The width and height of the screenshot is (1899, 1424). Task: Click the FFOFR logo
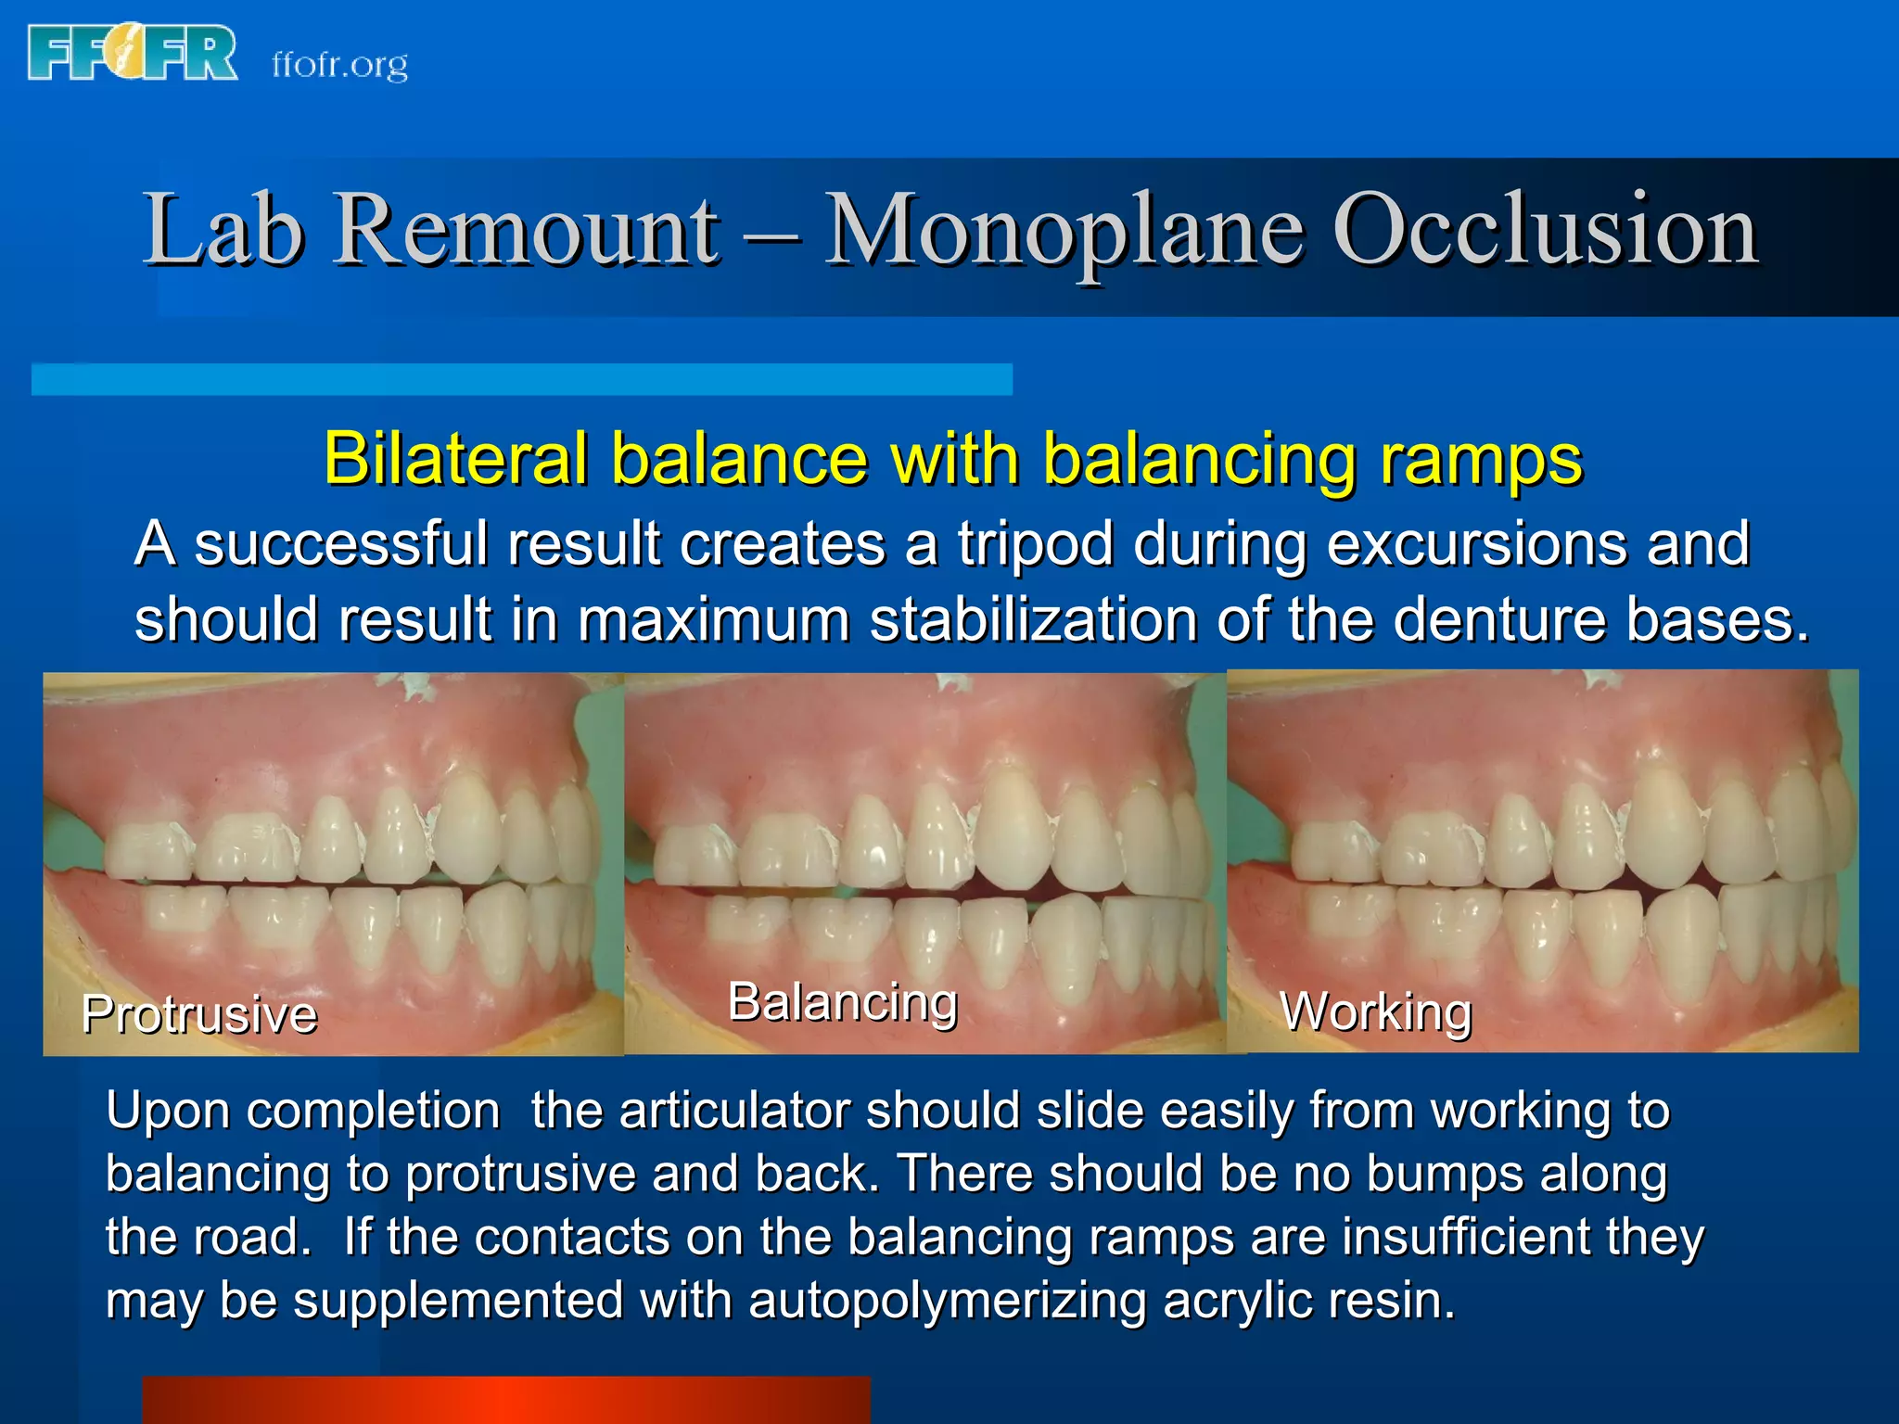click(x=133, y=53)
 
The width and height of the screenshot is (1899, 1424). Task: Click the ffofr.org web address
click(x=339, y=65)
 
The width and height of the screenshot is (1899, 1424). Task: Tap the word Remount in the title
click(x=525, y=230)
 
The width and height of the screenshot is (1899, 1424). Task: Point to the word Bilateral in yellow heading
click(x=455, y=459)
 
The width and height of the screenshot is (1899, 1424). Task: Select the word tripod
click(x=1035, y=543)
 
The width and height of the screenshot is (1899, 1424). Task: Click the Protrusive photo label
click(x=199, y=1013)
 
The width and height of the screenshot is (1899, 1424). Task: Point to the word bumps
click(x=1445, y=1174)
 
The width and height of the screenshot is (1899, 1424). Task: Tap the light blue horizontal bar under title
click(x=521, y=379)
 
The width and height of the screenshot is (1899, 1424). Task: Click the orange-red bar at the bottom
click(x=505, y=1400)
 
